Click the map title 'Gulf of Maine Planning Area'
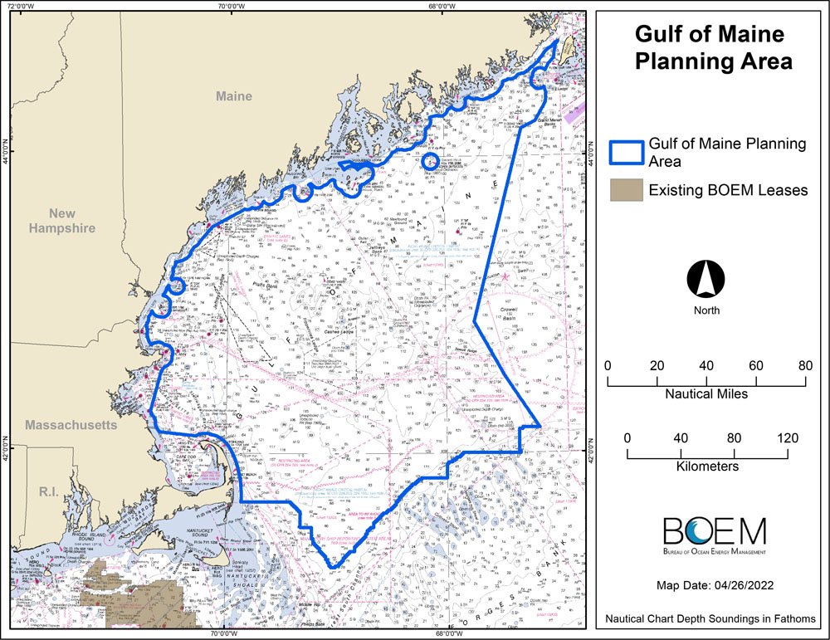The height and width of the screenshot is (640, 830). pyautogui.click(x=709, y=48)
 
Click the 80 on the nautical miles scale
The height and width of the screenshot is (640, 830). pyautogui.click(x=804, y=366)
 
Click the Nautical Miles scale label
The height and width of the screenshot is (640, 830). pyautogui.click(x=706, y=393)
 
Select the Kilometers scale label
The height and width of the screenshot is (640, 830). pyautogui.click(x=707, y=467)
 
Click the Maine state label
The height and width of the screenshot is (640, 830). pyautogui.click(x=233, y=97)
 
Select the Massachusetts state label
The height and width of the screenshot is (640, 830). pyautogui.click(x=71, y=425)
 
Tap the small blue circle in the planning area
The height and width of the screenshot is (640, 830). pyautogui.click(x=430, y=161)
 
